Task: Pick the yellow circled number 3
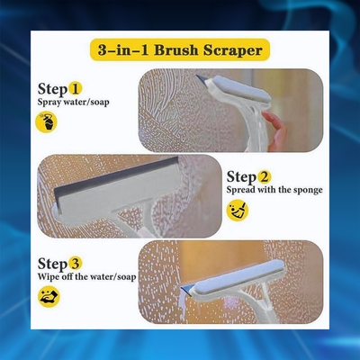tap(76, 262)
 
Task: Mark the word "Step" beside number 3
tap(52, 262)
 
